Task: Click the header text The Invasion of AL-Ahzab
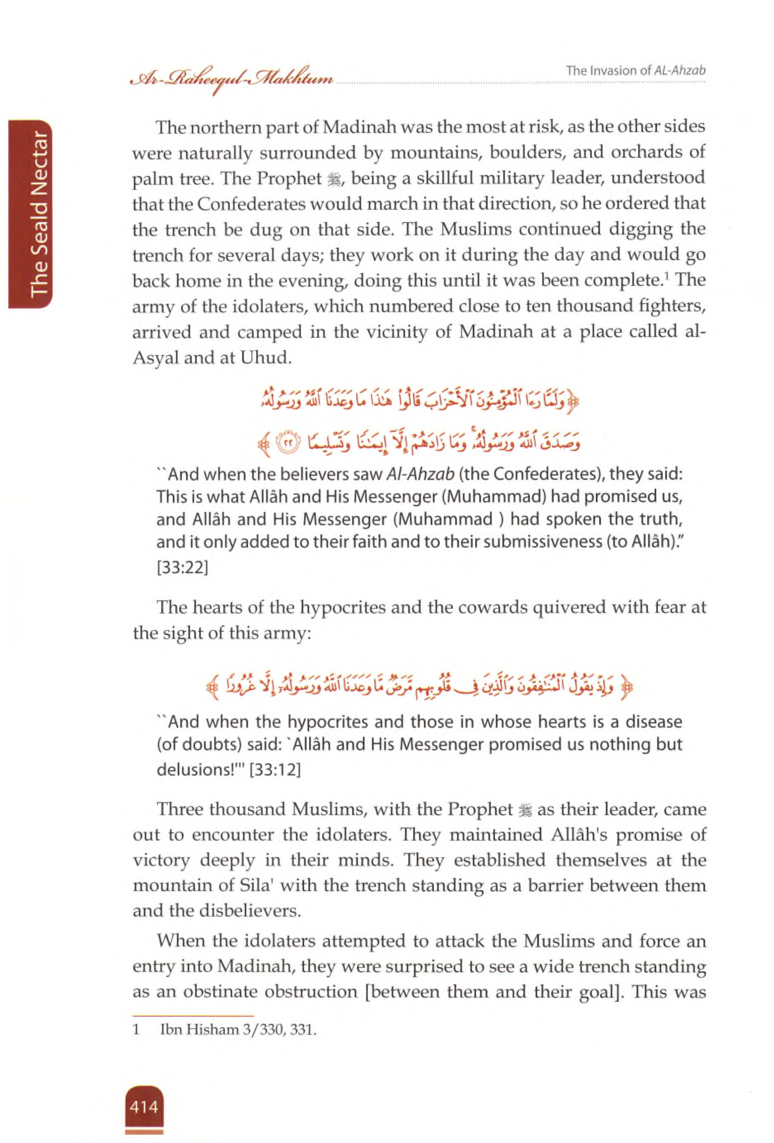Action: pos(636,70)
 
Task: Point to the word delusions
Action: pos(194,769)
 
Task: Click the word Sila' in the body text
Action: pos(256,886)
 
